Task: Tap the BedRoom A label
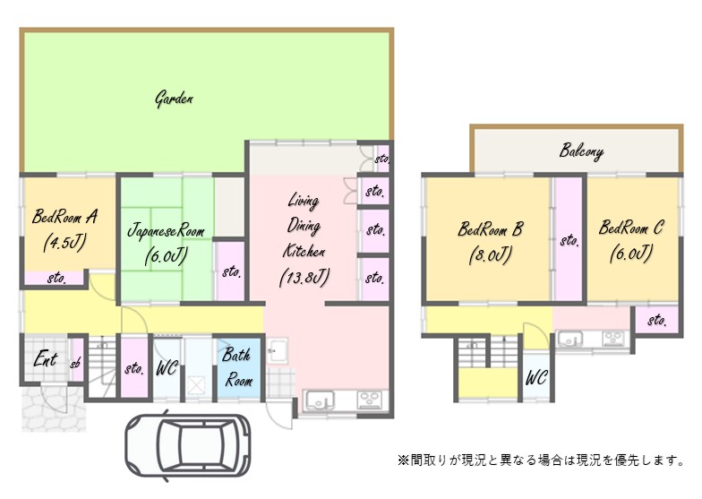tap(64, 216)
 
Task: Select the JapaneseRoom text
tap(166, 231)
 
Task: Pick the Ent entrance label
tap(45, 360)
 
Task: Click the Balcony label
tap(581, 151)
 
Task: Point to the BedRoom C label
tap(631, 228)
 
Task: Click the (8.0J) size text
tap(490, 254)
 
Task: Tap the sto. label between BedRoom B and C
tap(569, 240)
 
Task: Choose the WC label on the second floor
tap(536, 378)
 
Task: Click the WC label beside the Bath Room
tap(167, 368)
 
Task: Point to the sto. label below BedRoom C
tap(657, 320)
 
